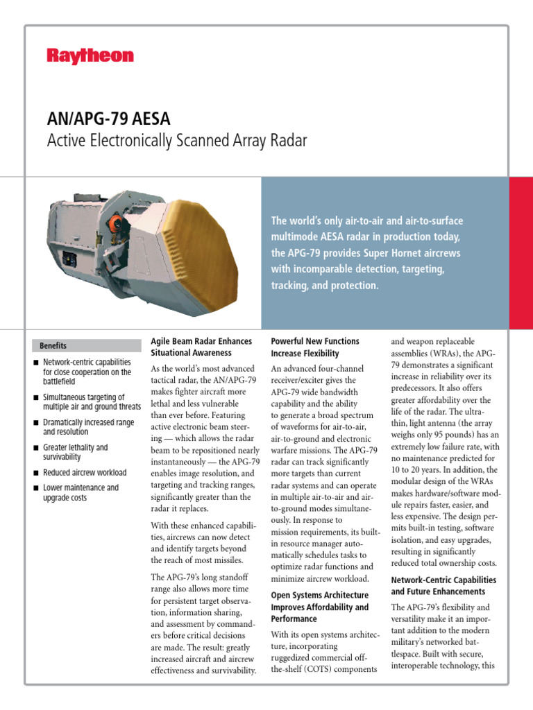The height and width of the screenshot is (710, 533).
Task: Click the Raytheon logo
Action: click(90, 56)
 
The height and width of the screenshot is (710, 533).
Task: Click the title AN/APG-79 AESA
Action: click(108, 118)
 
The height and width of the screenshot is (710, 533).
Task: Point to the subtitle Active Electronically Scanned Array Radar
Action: click(176, 141)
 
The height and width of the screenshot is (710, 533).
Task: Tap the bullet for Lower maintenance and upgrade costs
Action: click(81, 492)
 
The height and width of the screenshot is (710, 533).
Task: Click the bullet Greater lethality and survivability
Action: click(76, 452)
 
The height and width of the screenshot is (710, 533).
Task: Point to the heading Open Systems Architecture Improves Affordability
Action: click(319, 607)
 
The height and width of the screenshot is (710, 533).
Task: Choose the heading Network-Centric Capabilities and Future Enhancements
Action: click(443, 585)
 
